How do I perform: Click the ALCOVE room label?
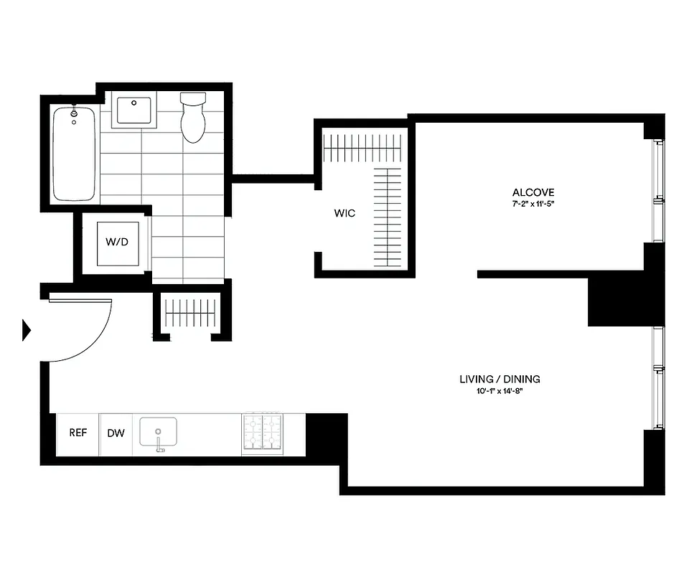[x=533, y=192]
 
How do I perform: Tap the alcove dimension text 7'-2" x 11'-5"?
[x=533, y=204]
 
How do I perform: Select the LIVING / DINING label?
[x=500, y=379]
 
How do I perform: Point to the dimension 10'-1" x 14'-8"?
[x=500, y=392]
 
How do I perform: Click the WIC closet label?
[x=344, y=214]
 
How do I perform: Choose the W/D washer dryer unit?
[x=117, y=243]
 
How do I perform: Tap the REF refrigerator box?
[x=78, y=433]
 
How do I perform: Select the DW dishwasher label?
[x=116, y=433]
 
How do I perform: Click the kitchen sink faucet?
[x=159, y=443]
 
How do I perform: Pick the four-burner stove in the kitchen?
[x=262, y=433]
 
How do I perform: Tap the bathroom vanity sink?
[x=134, y=112]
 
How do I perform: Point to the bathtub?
[x=73, y=154]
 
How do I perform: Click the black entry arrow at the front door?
[x=27, y=330]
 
